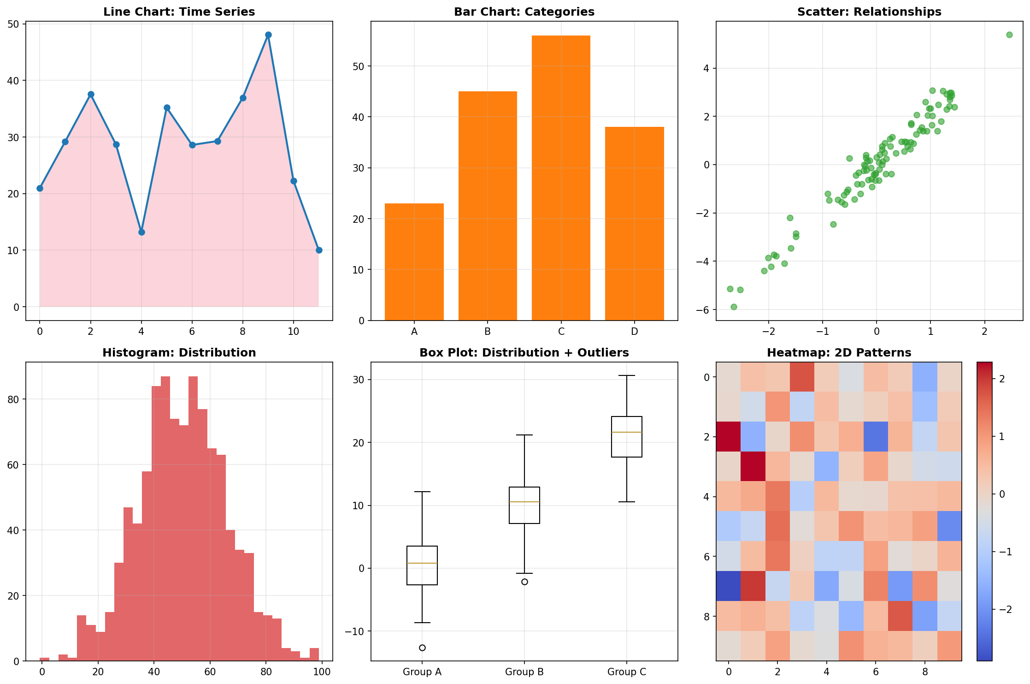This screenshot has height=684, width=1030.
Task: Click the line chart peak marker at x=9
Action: click(268, 35)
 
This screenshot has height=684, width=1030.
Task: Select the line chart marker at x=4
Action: click(141, 232)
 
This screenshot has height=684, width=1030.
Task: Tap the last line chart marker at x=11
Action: click(319, 250)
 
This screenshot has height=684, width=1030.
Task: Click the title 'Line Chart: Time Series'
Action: click(179, 12)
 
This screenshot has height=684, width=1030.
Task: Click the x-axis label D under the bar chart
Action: click(635, 332)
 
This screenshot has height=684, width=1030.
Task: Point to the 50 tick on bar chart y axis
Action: click(359, 66)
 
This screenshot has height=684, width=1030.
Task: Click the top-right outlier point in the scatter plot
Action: click(1009, 35)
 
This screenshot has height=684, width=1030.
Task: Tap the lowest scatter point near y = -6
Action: click(734, 307)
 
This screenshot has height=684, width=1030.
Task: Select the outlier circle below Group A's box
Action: click(422, 648)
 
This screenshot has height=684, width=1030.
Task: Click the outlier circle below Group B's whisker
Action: click(524, 582)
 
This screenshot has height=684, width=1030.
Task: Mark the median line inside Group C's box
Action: click(627, 432)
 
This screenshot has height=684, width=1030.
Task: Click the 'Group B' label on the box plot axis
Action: click(524, 672)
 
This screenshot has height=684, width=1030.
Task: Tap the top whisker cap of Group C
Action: click(627, 376)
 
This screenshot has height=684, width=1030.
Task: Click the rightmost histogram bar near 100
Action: click(314, 654)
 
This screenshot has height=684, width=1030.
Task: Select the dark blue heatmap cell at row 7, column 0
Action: click(729, 586)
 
